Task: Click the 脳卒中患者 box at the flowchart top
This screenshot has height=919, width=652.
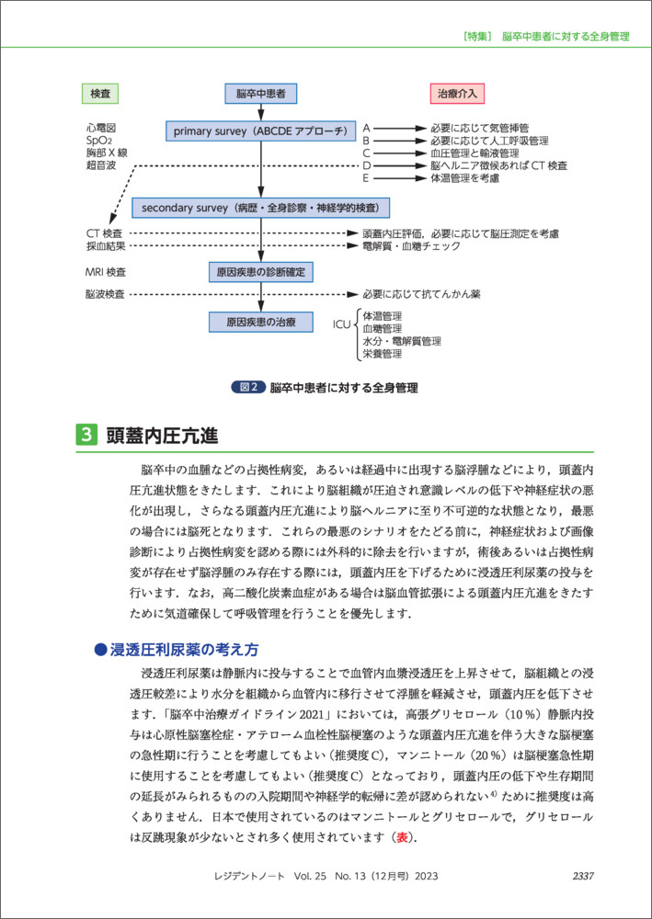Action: pos(260,93)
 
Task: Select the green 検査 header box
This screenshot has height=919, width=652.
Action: pos(100,93)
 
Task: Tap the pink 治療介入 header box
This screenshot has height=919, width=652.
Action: pos(458,93)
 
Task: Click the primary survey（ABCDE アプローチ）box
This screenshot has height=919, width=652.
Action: pos(260,130)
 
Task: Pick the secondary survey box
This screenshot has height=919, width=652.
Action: pos(260,207)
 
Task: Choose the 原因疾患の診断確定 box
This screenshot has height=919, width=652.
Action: pos(260,273)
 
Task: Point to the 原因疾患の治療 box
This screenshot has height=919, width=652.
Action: pos(260,322)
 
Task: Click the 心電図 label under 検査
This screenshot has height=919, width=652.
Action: pos(100,128)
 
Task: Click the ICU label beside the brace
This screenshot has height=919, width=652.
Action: pos(342,324)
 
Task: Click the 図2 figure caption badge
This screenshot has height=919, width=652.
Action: pos(248,388)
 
